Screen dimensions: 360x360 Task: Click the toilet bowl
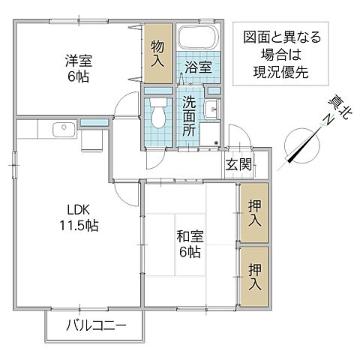coord(159,112)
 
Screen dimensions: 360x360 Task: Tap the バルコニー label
coord(94,326)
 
